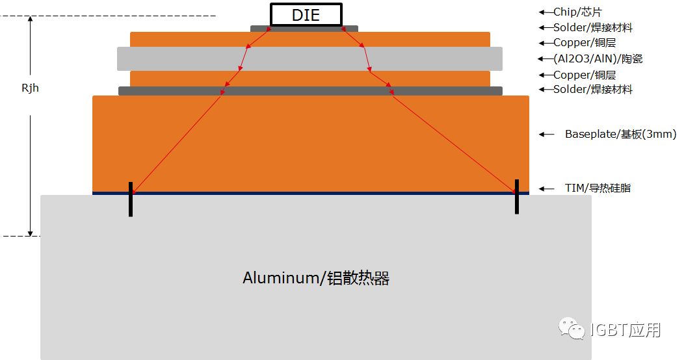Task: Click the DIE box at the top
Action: pyautogui.click(x=306, y=15)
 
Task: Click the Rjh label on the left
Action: pyautogui.click(x=30, y=88)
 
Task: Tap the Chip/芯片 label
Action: pyautogui.click(x=582, y=12)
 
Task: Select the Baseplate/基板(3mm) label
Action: pyautogui.click(x=620, y=135)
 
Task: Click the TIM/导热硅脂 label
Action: pyautogui.click(x=598, y=188)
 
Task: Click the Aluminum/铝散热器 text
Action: pyautogui.click(x=316, y=278)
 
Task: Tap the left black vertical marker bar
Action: pyautogui.click(x=131, y=199)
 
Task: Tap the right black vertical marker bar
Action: pyautogui.click(x=517, y=196)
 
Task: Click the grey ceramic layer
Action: pyautogui.click(x=309, y=58)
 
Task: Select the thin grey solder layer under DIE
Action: pyautogui.click(x=304, y=29)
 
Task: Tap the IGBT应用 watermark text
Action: pyautogui.click(x=625, y=330)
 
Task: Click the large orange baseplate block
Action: pyautogui.click(x=310, y=143)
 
